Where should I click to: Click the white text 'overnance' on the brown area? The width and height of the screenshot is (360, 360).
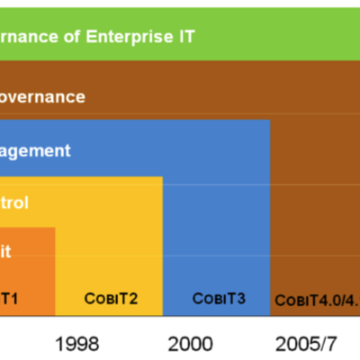pos(42,96)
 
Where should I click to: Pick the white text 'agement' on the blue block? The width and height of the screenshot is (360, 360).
pos(35,150)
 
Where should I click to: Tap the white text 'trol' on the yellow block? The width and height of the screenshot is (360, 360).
pos(14,202)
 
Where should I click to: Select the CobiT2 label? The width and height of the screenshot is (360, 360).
pos(111,298)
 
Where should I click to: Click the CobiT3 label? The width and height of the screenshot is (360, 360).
pos(218,298)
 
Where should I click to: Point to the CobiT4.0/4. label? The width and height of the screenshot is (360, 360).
pos(316,300)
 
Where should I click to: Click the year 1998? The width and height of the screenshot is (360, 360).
pos(77,343)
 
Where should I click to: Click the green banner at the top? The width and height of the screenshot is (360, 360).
pos(270,37)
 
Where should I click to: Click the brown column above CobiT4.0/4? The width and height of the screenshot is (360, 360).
pos(315,180)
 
